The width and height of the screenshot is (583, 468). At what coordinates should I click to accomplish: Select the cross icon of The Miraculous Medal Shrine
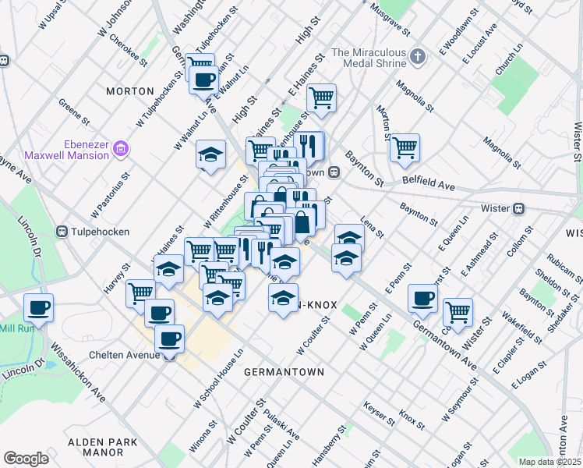tap(419, 56)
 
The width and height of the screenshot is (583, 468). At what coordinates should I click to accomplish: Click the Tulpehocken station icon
tap(62, 231)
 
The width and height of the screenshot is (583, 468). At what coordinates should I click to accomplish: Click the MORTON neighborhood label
tap(130, 91)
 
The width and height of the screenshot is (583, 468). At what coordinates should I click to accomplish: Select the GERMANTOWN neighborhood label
tap(284, 372)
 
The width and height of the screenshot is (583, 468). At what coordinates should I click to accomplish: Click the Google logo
tap(26, 459)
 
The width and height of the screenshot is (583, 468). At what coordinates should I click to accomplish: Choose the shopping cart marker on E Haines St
tap(321, 97)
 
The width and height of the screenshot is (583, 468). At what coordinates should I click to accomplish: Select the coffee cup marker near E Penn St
tap(423, 297)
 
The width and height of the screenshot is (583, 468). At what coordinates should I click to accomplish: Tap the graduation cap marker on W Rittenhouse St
tap(210, 154)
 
